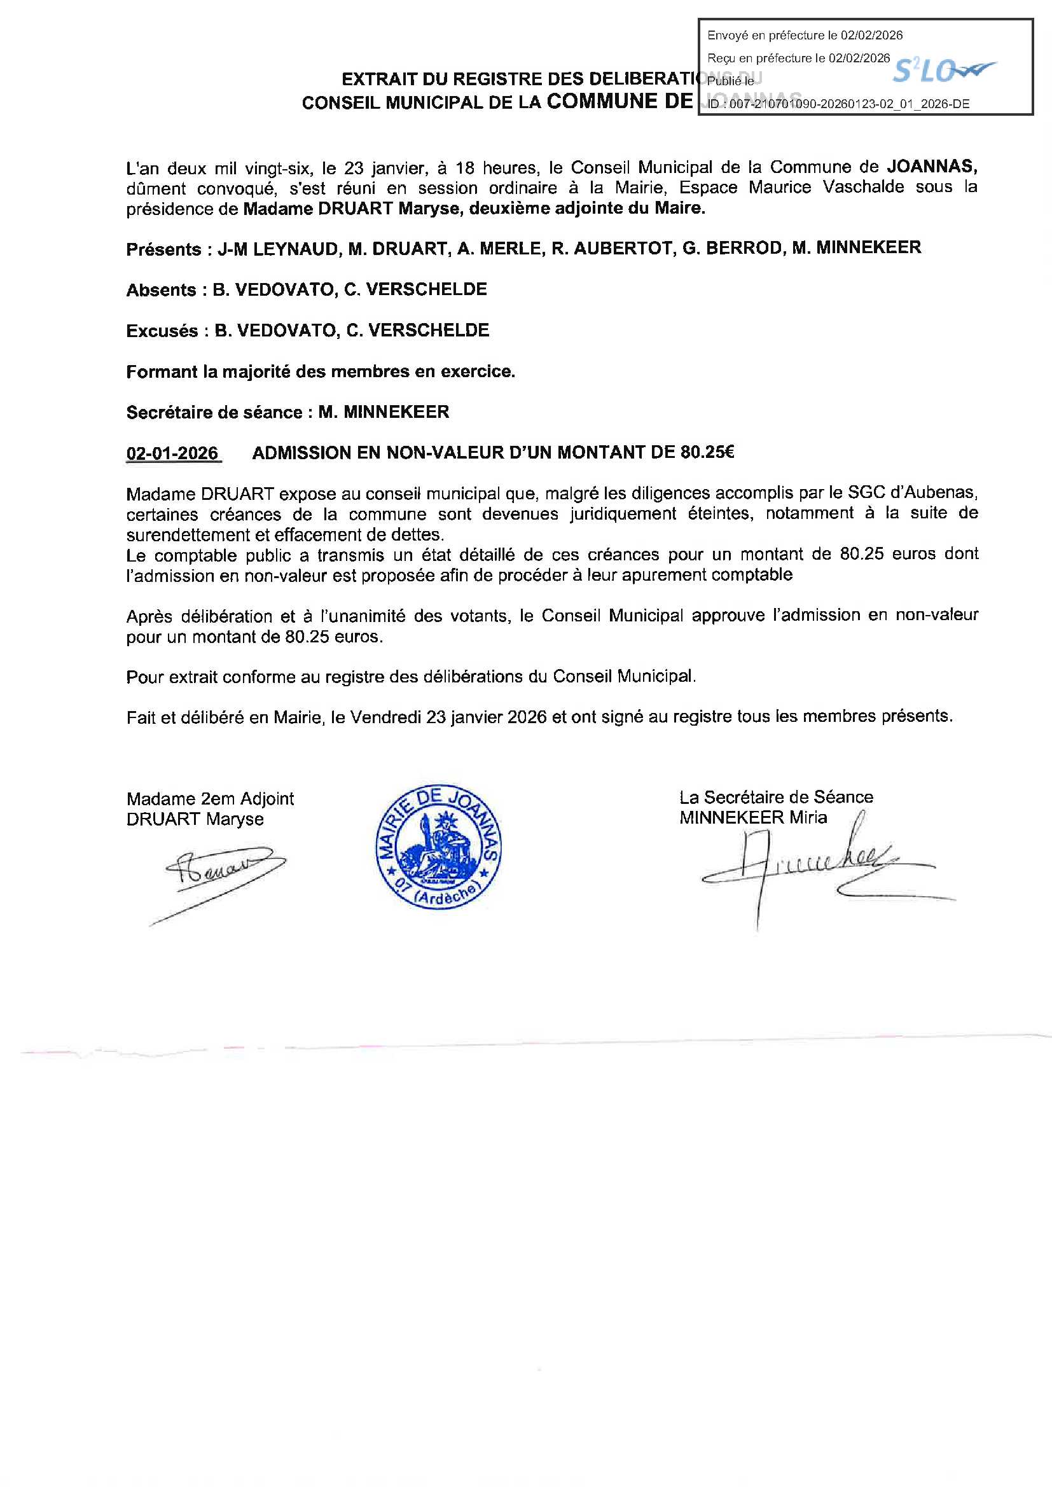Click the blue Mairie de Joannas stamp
pos(439,848)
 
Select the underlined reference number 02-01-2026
pos(172,453)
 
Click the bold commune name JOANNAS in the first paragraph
pos(932,167)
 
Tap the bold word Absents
pos(162,290)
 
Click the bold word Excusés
pos(162,331)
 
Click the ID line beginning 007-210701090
pos(839,104)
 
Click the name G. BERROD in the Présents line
pos(731,248)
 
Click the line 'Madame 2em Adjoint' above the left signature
pos(211,799)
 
